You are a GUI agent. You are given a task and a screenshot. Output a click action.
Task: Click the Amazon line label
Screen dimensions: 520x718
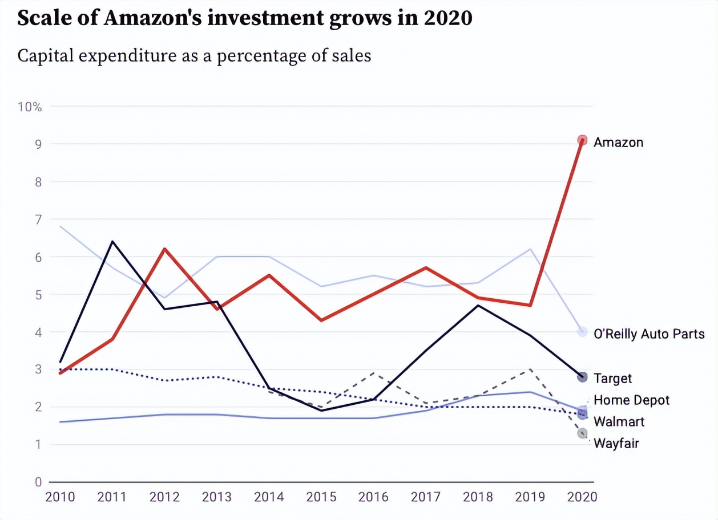pyautogui.click(x=618, y=142)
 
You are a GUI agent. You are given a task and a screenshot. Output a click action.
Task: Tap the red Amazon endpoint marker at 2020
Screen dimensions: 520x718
pyautogui.click(x=582, y=140)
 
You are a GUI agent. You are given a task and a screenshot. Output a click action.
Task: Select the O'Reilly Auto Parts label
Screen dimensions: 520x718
pyautogui.click(x=649, y=334)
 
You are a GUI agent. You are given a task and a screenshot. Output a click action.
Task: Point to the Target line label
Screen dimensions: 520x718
pyautogui.click(x=612, y=378)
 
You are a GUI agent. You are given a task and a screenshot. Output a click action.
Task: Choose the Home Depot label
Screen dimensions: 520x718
pyautogui.click(x=631, y=400)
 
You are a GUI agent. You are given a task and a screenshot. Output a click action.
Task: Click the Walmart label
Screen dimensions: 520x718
pyautogui.click(x=619, y=422)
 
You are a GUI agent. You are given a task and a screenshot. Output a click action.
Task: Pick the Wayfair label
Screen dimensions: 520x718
pyautogui.click(x=616, y=443)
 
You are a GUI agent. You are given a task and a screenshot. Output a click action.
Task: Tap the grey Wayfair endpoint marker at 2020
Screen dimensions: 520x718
pyautogui.click(x=582, y=433)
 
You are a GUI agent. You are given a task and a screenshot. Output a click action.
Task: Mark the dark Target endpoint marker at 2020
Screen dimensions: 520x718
pyautogui.click(x=582, y=377)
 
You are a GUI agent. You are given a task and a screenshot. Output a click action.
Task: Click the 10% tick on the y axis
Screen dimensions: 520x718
pyautogui.click(x=30, y=107)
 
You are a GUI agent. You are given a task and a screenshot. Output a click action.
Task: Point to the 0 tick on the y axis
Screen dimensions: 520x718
pyautogui.click(x=38, y=482)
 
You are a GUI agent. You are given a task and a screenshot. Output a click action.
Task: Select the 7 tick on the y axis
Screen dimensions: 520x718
pyautogui.click(x=38, y=220)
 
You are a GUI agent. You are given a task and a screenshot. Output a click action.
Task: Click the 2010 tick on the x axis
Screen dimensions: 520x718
pyautogui.click(x=60, y=497)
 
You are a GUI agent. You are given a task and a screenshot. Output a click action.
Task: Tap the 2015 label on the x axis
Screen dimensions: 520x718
pyautogui.click(x=321, y=497)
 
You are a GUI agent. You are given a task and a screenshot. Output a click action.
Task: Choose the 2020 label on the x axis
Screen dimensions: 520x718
pyautogui.click(x=582, y=497)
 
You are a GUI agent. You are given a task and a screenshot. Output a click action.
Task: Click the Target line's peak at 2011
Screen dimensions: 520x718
pyautogui.click(x=112, y=242)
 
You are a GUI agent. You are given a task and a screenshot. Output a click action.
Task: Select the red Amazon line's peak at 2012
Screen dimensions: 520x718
pyautogui.click(x=164, y=249)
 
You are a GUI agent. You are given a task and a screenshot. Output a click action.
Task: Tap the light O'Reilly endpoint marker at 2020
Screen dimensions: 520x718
pyautogui.click(x=582, y=332)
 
